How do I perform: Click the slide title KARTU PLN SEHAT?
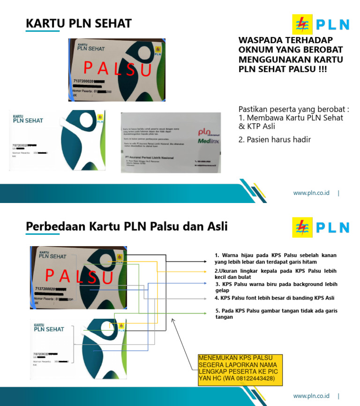(78, 23)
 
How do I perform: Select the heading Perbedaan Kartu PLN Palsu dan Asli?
(127, 227)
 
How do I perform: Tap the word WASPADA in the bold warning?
(261, 41)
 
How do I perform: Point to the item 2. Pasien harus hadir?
(275, 139)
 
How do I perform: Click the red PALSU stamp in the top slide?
(117, 69)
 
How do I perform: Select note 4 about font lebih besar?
(275, 298)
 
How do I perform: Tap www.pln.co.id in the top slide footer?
(311, 193)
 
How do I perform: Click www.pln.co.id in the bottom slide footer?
(311, 396)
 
